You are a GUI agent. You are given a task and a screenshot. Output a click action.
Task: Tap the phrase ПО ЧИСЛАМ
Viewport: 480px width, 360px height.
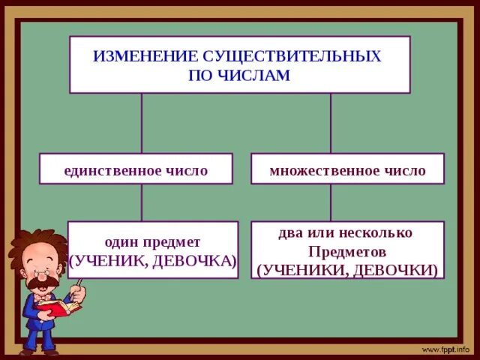coord(239,76)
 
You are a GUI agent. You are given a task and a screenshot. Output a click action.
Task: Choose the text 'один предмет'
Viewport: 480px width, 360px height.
coord(152,241)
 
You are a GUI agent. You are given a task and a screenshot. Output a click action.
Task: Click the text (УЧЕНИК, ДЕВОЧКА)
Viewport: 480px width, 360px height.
coord(153,260)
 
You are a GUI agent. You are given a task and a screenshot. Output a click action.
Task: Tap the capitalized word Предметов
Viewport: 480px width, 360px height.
coord(347,251)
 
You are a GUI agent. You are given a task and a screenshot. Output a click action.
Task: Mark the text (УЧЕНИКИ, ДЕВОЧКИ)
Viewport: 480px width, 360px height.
coord(347,269)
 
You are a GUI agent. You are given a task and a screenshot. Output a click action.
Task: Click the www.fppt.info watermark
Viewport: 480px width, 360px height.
coord(445,349)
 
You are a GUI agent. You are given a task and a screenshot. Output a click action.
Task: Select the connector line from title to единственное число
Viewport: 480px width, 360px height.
coord(142,123)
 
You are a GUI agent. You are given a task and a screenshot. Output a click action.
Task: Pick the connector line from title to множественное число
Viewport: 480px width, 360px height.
coord(331,123)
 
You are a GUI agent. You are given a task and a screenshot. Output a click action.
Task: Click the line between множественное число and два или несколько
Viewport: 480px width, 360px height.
coord(331,202)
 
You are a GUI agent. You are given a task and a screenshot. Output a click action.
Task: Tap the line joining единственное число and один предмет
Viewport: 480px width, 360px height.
coord(142,202)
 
